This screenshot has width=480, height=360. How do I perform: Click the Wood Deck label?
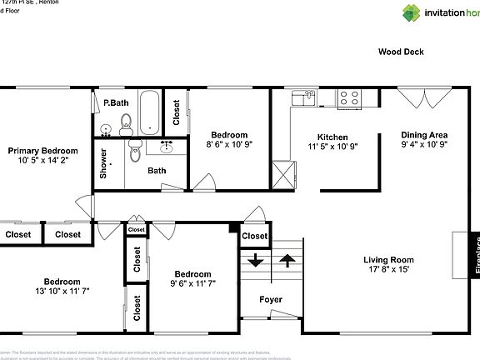(401, 52)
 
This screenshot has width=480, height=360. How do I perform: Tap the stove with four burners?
(348, 98)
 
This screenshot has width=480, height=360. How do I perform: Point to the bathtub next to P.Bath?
(151, 112)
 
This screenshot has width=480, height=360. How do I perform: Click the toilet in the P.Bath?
(126, 127)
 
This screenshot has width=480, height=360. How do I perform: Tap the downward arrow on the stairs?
(255, 261)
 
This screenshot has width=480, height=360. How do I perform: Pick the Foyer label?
(271, 300)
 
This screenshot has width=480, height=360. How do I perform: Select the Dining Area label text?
(425, 135)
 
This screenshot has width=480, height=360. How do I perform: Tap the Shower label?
(104, 164)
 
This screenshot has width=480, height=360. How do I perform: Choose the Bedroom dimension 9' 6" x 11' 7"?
(192, 284)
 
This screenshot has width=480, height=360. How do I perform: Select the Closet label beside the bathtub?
(176, 112)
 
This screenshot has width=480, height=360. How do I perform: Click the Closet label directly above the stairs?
(255, 237)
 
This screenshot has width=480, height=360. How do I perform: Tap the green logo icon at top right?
(412, 12)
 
